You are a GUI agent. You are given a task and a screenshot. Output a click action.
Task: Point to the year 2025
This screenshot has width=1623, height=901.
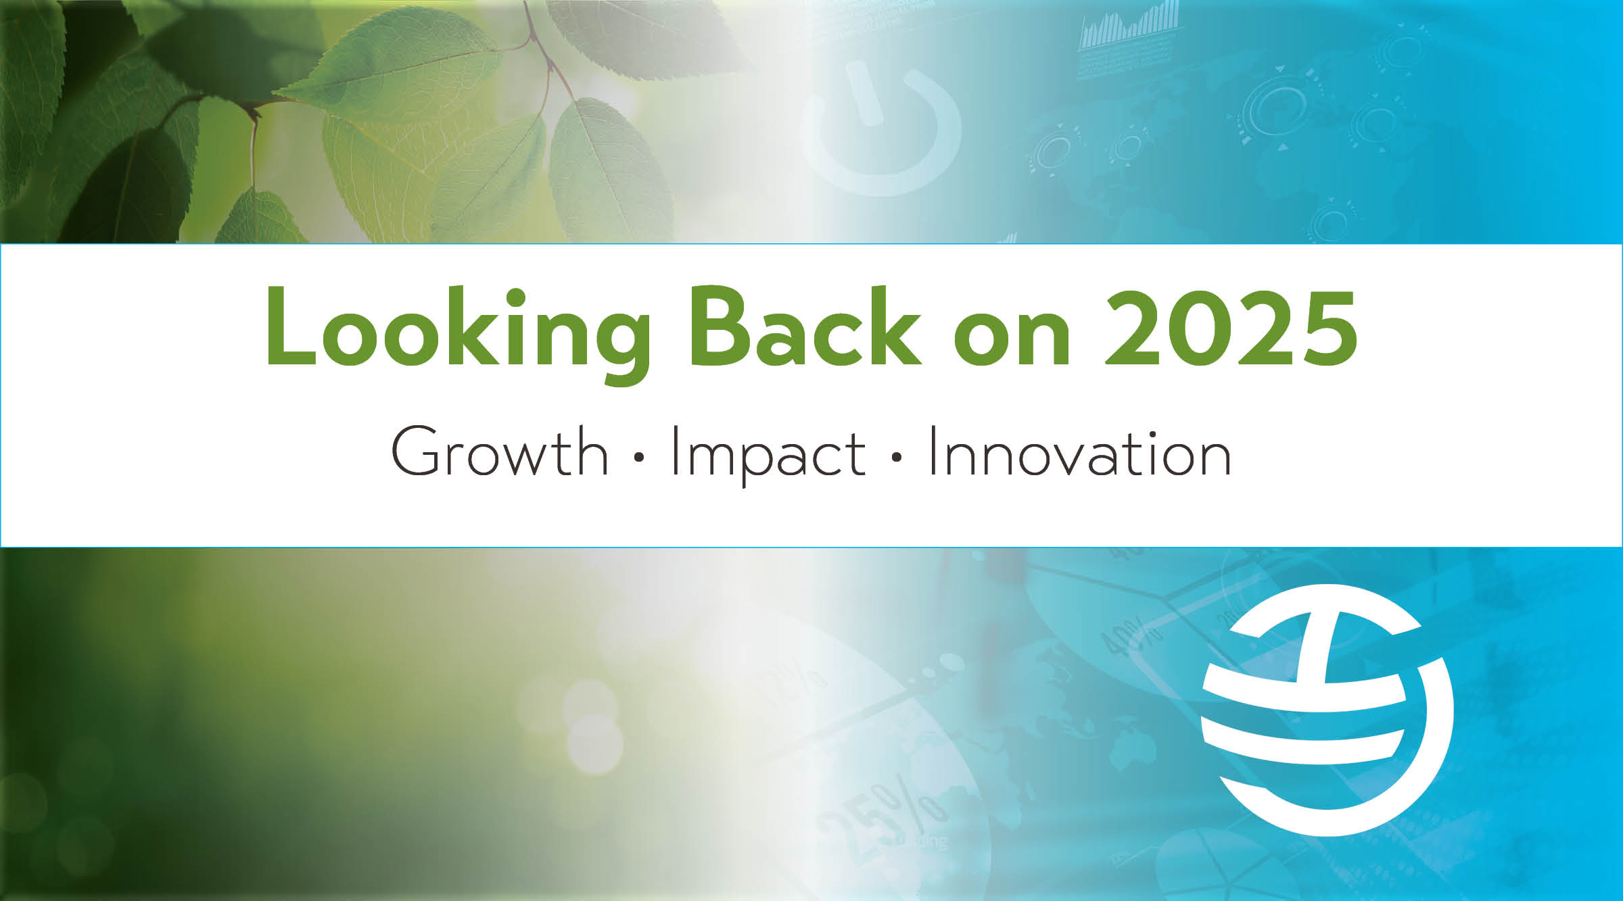(1230, 328)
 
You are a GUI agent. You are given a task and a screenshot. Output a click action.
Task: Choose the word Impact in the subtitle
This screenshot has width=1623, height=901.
(768, 454)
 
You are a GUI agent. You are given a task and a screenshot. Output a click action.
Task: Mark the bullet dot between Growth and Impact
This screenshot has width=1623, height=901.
(639, 458)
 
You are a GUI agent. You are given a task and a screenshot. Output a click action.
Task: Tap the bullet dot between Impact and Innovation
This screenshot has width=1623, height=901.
(897, 458)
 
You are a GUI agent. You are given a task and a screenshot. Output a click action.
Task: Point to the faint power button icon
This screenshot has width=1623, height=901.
(879, 128)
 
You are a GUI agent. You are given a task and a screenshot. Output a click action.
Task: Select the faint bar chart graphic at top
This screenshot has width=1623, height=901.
(1129, 30)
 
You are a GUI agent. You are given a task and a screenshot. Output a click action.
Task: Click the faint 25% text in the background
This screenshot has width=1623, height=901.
(879, 818)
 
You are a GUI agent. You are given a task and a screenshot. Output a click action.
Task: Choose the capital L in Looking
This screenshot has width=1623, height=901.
(291, 327)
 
